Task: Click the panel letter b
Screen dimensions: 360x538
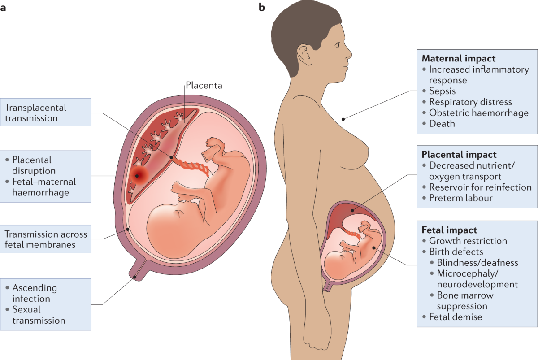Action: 261,8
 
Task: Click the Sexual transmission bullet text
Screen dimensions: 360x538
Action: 39,315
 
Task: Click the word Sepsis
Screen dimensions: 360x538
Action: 442,91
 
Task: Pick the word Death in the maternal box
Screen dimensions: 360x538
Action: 442,123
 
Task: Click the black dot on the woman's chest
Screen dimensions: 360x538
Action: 343,119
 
